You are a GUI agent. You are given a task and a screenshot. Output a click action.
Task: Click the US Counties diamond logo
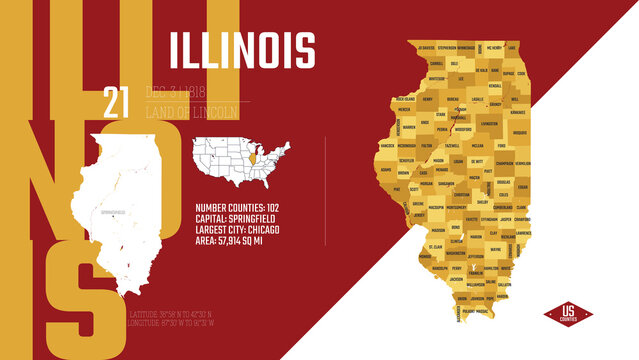(568, 315)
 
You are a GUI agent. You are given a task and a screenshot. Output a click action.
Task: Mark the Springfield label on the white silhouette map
(112, 213)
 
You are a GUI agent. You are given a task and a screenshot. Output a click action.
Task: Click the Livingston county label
(488, 123)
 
